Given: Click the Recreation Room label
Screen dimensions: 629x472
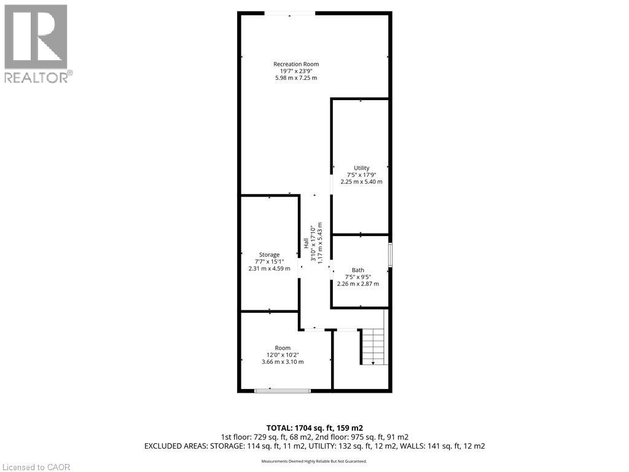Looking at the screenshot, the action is (x=296, y=64).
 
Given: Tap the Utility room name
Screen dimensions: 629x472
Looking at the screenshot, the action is (x=361, y=168).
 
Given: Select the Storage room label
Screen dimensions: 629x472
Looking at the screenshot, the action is (x=269, y=254).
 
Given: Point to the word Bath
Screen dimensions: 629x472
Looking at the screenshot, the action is (x=358, y=270).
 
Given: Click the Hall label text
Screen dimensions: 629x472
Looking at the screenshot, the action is (x=306, y=243).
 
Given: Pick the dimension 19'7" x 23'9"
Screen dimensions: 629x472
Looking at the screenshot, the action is (x=296, y=71).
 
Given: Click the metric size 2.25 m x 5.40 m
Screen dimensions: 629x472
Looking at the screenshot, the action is (x=361, y=181).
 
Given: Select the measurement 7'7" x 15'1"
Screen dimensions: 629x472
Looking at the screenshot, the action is (x=269, y=261).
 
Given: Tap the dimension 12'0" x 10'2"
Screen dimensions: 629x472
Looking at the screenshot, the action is (x=283, y=355).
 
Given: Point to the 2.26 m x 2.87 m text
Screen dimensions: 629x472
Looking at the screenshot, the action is (x=358, y=284).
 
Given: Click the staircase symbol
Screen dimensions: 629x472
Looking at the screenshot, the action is (x=374, y=347).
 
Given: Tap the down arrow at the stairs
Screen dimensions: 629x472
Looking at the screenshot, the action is (x=373, y=363).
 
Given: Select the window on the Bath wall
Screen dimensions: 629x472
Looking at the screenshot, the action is (x=390, y=254).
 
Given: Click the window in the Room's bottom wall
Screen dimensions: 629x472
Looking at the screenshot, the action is (x=283, y=390).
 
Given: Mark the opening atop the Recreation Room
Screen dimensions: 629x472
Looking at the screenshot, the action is (x=290, y=14).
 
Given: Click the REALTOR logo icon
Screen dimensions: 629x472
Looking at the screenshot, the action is (x=36, y=36).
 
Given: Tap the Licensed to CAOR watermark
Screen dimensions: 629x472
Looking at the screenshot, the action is (x=36, y=467).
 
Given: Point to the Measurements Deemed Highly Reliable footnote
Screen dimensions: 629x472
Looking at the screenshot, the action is (x=314, y=462).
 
